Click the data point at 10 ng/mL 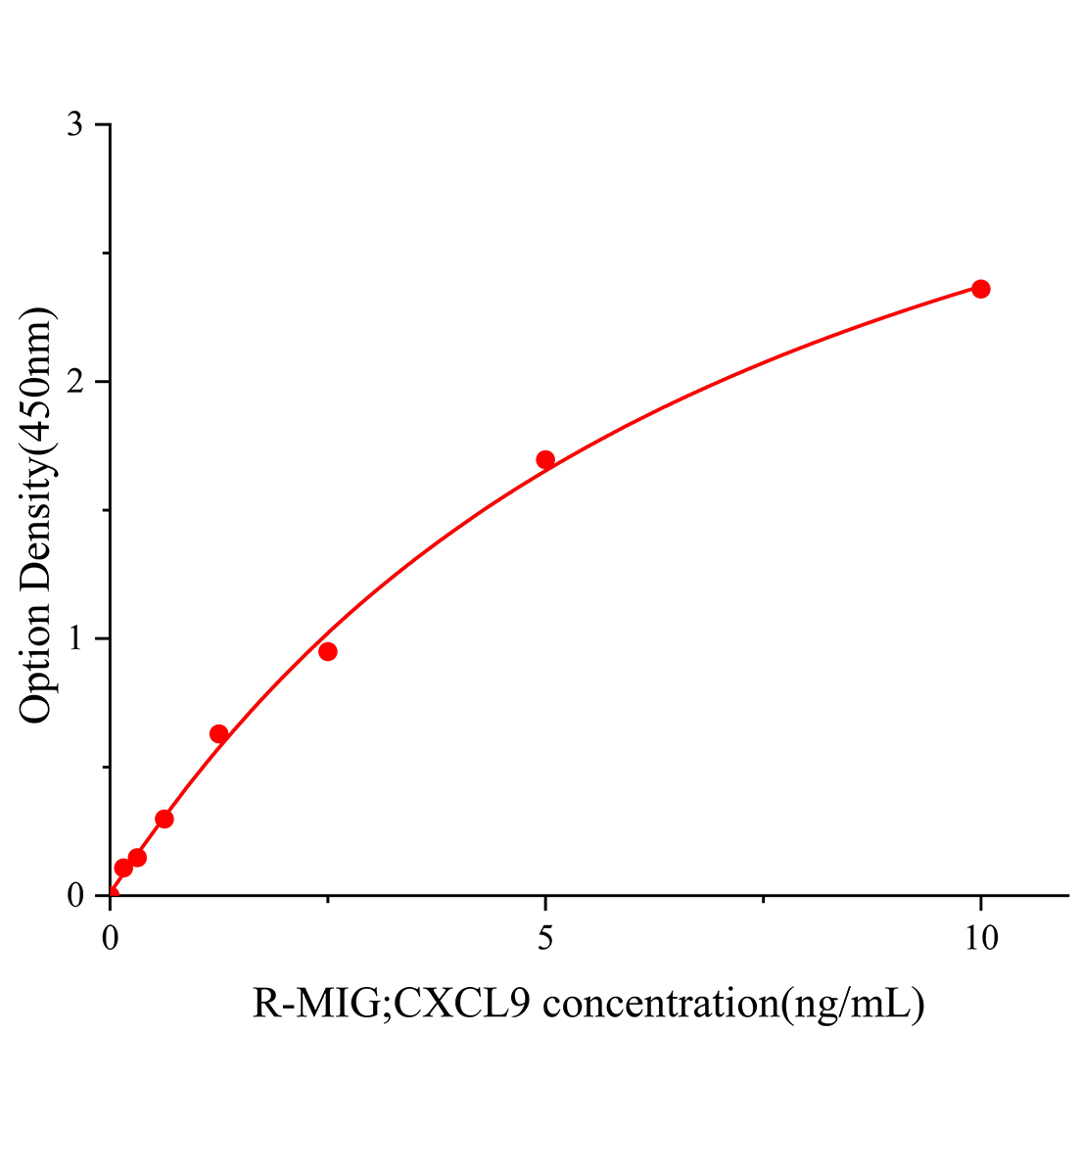[x=980, y=289]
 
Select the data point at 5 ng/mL [x=545, y=460]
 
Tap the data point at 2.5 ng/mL [x=328, y=652]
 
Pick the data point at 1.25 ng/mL [x=219, y=734]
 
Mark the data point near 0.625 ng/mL [x=164, y=819]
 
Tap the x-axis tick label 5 [x=545, y=938]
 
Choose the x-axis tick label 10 [x=980, y=938]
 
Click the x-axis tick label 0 [x=111, y=938]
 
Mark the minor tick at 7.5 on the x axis [x=763, y=900]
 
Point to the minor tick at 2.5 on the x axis [x=328, y=900]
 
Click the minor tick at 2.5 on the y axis [x=106, y=254]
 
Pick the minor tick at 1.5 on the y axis [x=106, y=510]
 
